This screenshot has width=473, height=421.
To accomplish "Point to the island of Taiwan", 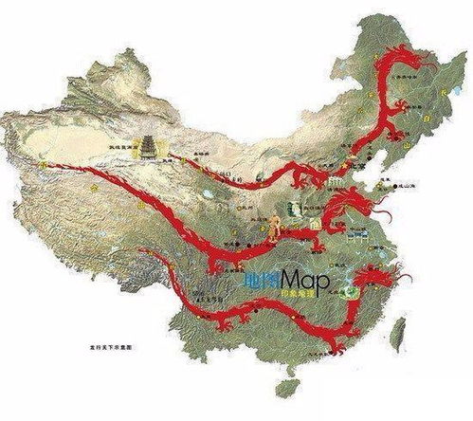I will tap(398, 327).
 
